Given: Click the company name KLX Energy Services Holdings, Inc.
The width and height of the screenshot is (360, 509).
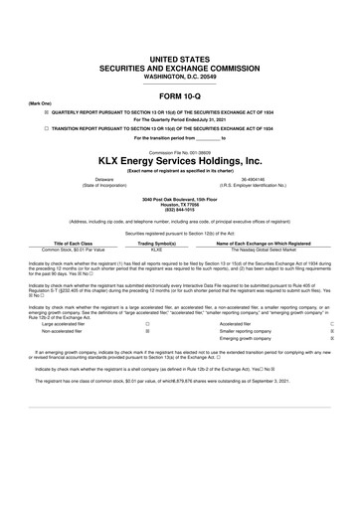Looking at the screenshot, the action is coord(180,160).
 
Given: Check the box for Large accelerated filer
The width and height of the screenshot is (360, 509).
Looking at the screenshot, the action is coord(147,323).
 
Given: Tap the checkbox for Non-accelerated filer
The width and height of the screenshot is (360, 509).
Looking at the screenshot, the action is coord(147,332).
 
